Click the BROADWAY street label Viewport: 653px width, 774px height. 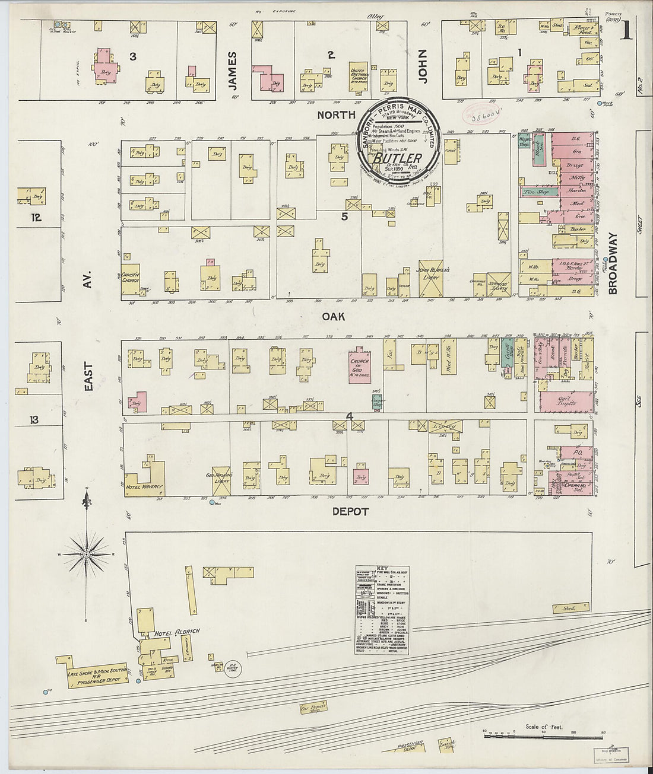613,263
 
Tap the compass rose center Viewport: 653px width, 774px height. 87,555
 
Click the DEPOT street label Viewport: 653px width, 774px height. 350,511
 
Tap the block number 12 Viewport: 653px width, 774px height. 36,218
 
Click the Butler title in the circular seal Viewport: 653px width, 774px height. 398,159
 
